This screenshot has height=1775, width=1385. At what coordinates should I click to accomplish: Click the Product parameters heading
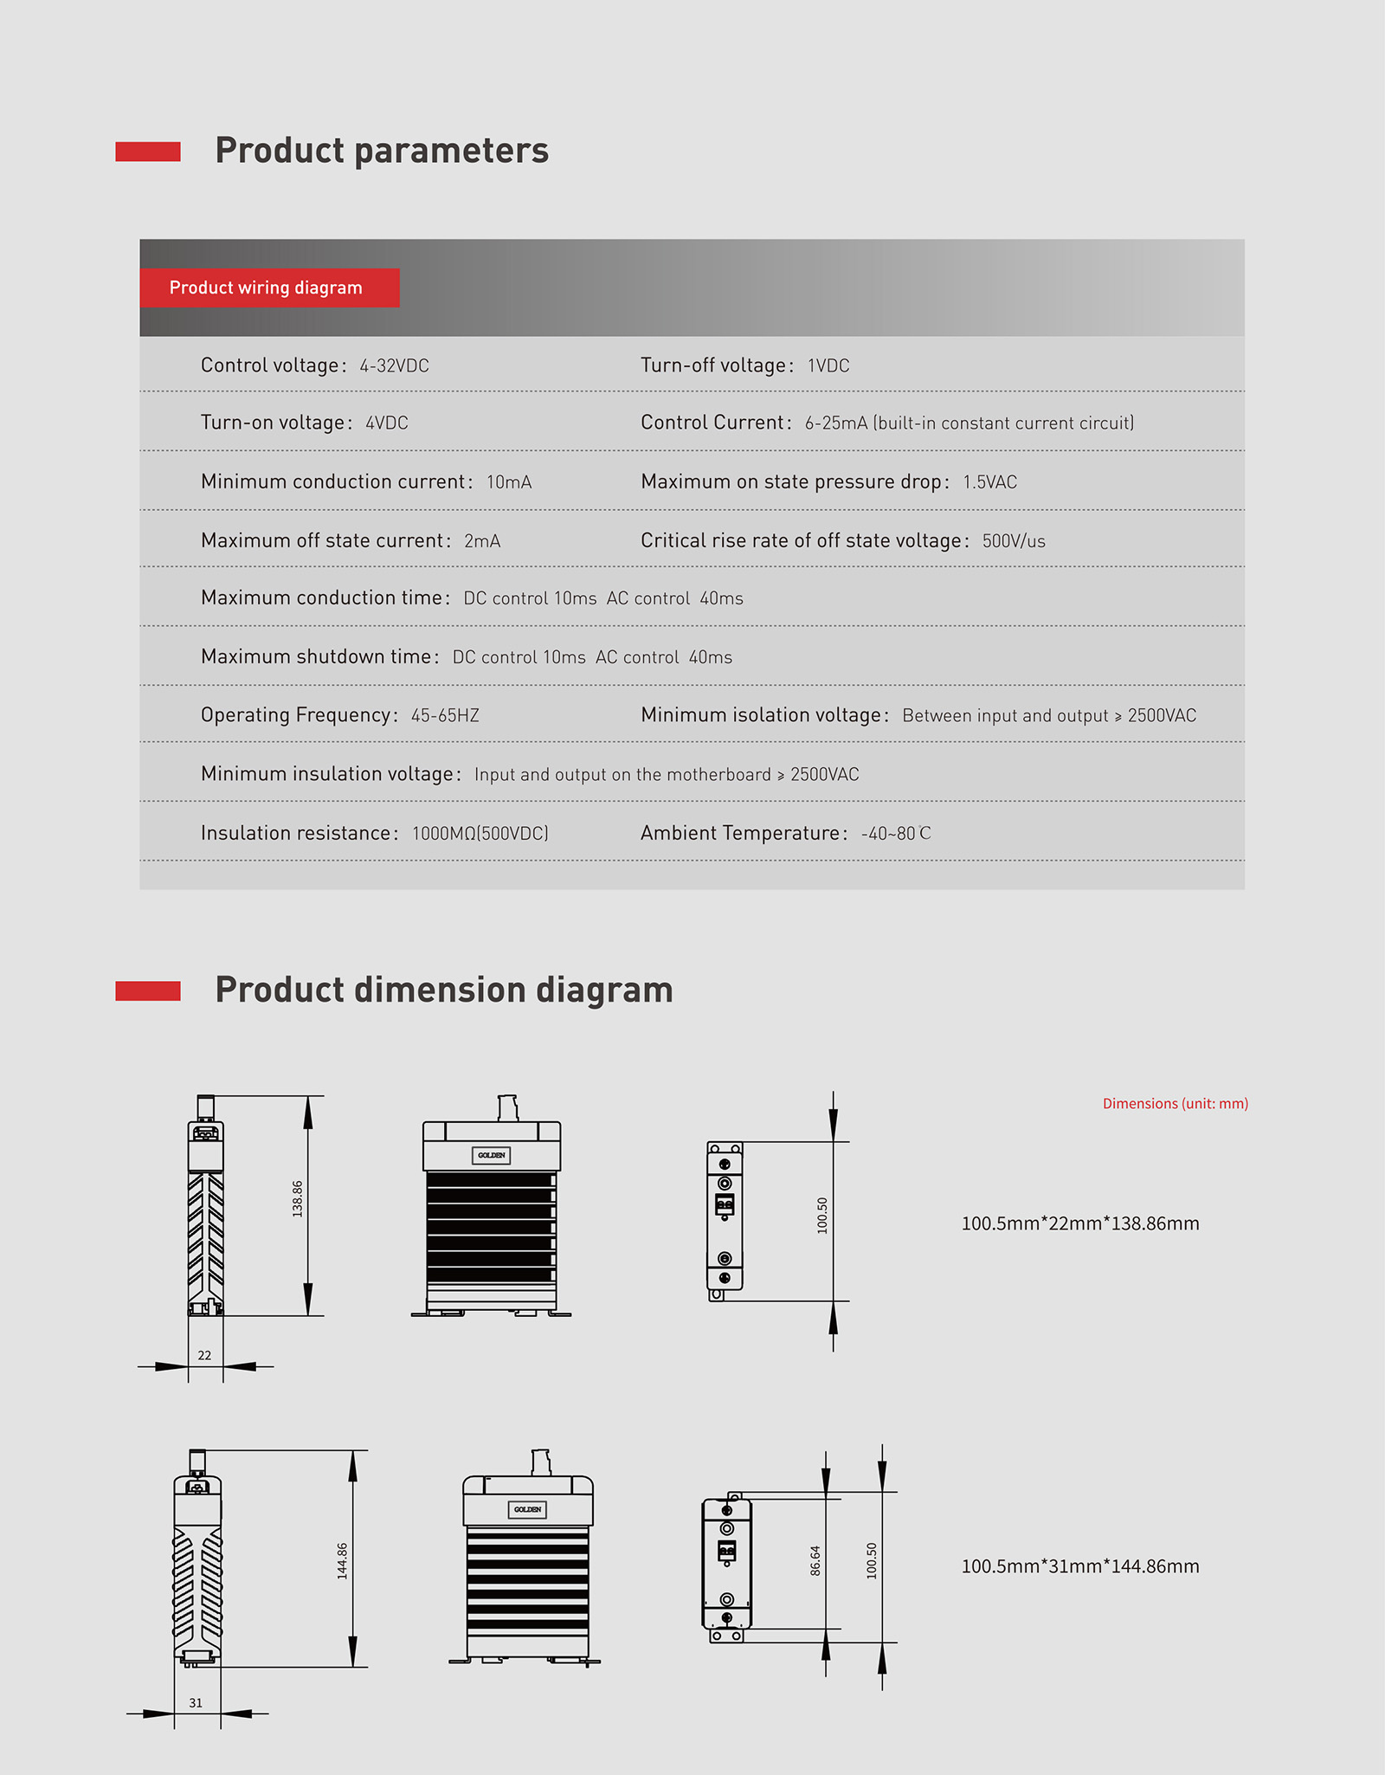[382, 151]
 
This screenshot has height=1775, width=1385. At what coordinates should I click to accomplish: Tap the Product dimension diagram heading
[443, 990]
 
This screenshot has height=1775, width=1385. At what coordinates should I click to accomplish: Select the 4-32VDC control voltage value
[395, 366]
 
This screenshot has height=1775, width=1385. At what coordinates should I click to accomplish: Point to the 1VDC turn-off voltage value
[828, 366]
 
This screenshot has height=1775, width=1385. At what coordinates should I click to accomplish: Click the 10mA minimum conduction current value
[509, 482]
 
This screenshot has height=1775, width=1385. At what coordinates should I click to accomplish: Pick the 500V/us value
[1014, 541]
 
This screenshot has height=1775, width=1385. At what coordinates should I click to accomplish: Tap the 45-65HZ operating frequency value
[445, 716]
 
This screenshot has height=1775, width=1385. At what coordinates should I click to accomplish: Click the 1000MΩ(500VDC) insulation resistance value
[480, 834]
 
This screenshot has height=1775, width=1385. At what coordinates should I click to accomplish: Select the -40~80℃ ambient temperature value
[896, 834]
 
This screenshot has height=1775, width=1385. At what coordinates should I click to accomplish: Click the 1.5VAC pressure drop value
[990, 482]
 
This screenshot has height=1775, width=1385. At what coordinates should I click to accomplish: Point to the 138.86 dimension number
[298, 1199]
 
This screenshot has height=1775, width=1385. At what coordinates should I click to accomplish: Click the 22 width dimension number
[204, 1355]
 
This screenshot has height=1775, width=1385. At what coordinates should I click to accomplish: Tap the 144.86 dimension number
[343, 1561]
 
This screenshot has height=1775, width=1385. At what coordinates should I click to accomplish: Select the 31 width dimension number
[196, 1703]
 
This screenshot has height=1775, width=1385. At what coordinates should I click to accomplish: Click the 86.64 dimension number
[815, 1560]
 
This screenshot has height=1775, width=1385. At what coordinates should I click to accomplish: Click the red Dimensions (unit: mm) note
[1175, 1104]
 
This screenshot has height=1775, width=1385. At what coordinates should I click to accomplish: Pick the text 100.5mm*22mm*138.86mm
[1080, 1223]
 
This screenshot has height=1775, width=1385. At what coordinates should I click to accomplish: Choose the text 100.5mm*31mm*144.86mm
[1080, 1566]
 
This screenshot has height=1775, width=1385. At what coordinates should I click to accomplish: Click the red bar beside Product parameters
[148, 152]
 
